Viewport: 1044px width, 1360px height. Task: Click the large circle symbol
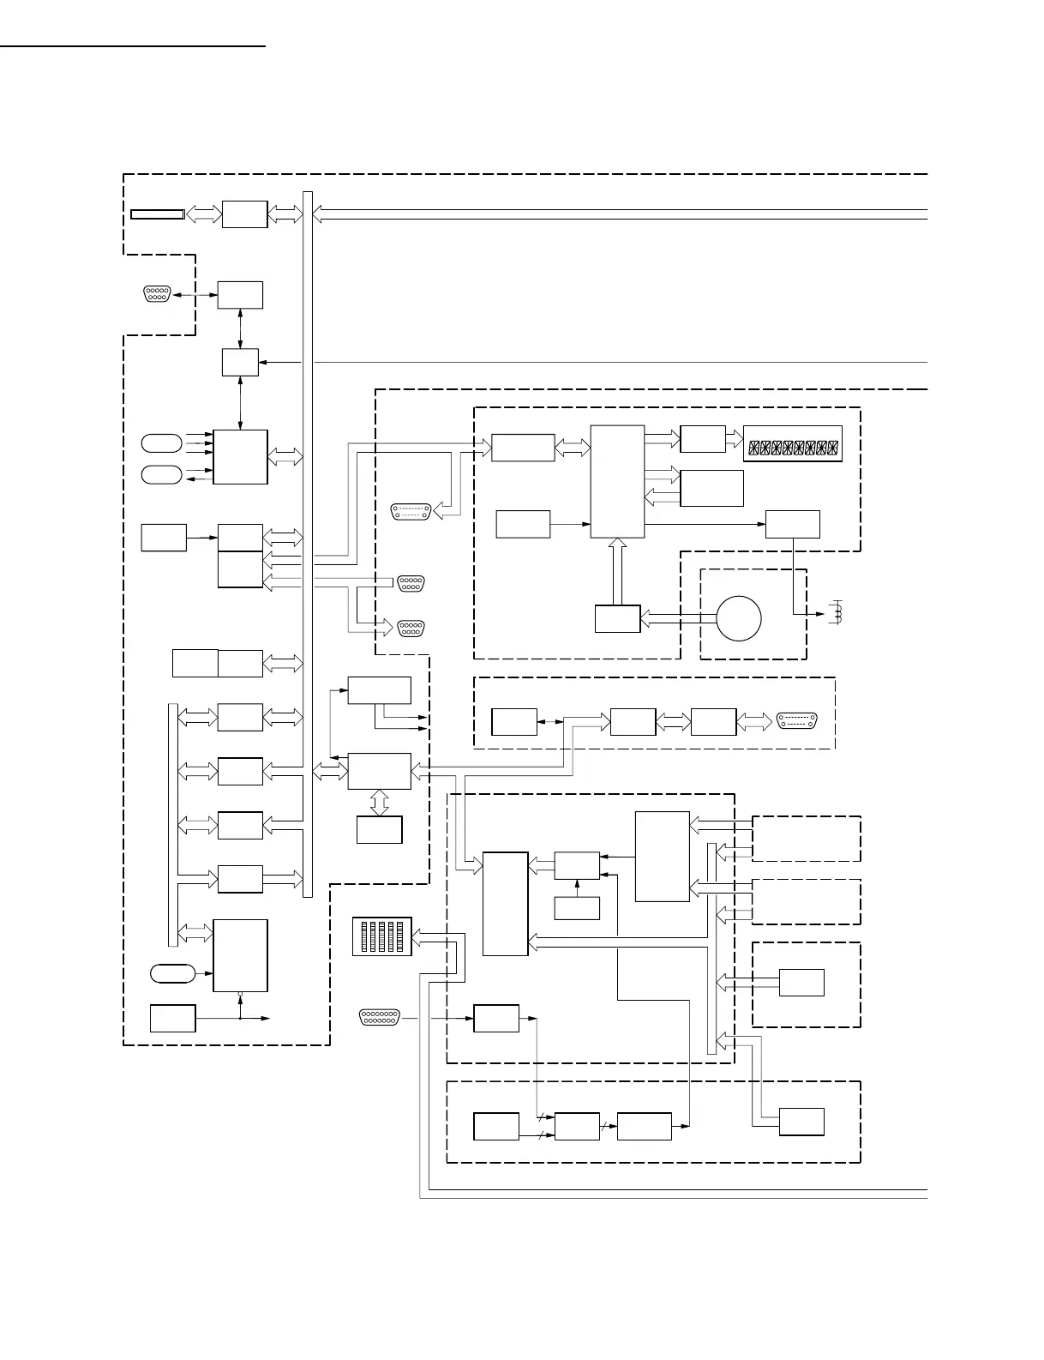pos(739,618)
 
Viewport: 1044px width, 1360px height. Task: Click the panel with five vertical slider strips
pos(382,936)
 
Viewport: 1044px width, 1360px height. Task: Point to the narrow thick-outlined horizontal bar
pos(157,214)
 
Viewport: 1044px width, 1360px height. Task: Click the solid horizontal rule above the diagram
pos(133,46)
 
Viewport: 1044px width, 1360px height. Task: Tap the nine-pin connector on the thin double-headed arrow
pos(157,293)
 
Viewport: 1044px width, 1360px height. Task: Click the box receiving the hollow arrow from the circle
pos(617,618)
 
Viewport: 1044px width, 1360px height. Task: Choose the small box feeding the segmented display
pos(702,438)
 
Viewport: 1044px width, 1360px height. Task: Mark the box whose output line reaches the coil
pos(792,523)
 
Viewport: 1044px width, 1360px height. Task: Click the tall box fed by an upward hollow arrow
pos(617,481)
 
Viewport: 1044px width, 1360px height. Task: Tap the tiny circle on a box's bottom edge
pos(240,995)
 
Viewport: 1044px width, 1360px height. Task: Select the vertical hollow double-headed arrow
pos(379,802)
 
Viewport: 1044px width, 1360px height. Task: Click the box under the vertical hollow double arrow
pos(379,829)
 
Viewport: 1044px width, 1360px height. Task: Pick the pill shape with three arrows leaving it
pos(161,442)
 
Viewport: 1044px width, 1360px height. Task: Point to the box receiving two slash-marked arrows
pos(576,1126)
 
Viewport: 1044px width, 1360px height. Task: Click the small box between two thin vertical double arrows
pos(240,362)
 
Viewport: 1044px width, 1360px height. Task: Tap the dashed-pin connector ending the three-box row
pos(796,721)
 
